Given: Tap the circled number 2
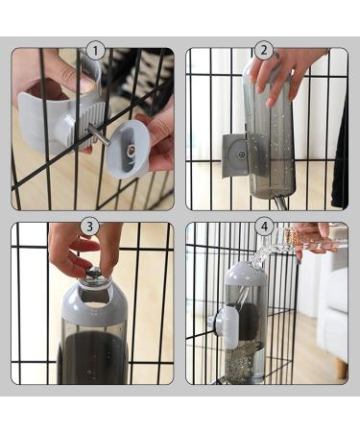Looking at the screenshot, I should pyautogui.click(x=264, y=50).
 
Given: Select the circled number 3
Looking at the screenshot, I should pyautogui.click(x=90, y=226).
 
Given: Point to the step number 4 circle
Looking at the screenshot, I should pyautogui.click(x=265, y=226).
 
